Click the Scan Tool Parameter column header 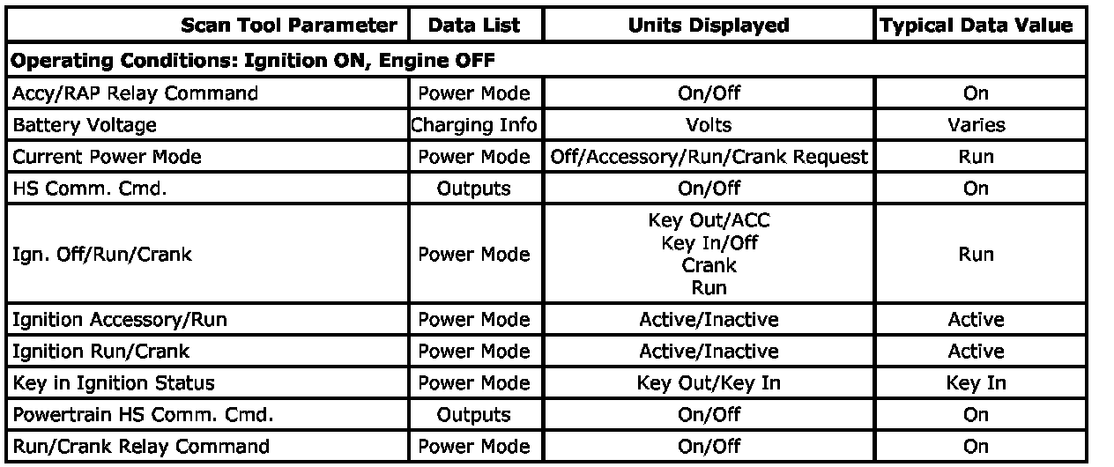[288, 26]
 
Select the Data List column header [473, 26]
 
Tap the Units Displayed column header [709, 26]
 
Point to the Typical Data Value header [976, 26]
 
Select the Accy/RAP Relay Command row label [135, 93]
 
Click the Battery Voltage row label [85, 125]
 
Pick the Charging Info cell [473, 125]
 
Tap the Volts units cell [709, 125]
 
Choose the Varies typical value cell [976, 125]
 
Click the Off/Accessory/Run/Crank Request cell [709, 157]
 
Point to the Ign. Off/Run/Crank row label [102, 255]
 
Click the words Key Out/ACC [709, 221]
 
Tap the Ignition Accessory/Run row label [119, 320]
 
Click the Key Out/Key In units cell [709, 383]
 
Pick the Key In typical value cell [976, 383]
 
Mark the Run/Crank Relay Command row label [140, 447]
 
